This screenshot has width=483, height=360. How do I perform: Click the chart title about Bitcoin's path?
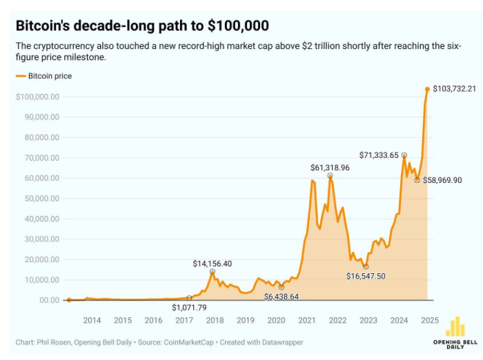(x=142, y=26)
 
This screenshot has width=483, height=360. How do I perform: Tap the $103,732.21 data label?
(x=455, y=89)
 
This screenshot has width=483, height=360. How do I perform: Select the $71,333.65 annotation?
(x=379, y=155)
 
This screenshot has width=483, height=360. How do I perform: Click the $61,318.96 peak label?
(x=330, y=168)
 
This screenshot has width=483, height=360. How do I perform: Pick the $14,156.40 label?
(x=212, y=263)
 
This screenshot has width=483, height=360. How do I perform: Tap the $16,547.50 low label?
(x=366, y=276)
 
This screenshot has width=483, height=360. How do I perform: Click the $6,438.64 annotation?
(x=281, y=297)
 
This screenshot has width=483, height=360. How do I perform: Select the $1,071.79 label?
(x=189, y=307)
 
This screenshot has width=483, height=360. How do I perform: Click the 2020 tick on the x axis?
(x=276, y=321)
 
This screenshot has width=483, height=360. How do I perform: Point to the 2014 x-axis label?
(x=92, y=321)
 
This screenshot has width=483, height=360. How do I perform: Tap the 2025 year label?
(x=430, y=321)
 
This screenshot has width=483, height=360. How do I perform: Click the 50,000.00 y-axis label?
(x=40, y=199)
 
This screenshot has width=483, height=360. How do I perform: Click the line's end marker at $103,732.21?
(x=427, y=89)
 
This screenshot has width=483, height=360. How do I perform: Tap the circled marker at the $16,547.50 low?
(x=366, y=266)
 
